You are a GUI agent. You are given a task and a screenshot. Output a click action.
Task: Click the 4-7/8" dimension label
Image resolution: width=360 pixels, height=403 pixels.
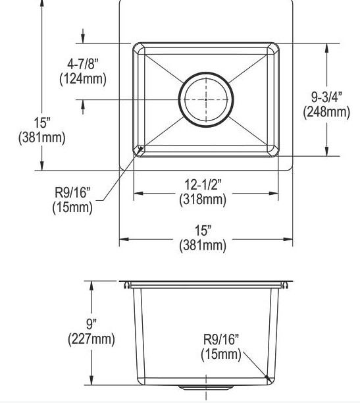pyautogui.click(x=83, y=63)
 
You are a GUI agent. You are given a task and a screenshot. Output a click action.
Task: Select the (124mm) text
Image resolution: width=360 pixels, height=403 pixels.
pyautogui.click(x=83, y=78)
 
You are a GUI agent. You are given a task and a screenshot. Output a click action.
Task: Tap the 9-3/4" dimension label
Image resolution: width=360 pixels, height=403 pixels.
pyautogui.click(x=326, y=97)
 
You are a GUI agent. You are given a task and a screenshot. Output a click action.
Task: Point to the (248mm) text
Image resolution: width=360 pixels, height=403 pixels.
pyautogui.click(x=326, y=112)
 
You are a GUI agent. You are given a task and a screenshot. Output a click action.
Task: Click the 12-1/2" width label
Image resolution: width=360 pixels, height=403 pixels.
pyautogui.click(x=203, y=184)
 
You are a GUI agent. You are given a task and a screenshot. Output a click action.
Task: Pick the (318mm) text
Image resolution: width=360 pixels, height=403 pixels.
pyautogui.click(x=203, y=199)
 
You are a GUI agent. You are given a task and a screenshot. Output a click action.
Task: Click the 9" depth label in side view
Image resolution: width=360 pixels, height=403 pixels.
pyautogui.click(x=91, y=324)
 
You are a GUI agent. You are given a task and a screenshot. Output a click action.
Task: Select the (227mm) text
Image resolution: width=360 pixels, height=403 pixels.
pyautogui.click(x=91, y=339)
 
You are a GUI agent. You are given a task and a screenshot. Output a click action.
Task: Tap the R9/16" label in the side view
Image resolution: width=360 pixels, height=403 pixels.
pyautogui.click(x=221, y=339)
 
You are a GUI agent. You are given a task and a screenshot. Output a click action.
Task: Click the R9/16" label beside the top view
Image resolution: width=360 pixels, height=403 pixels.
pyautogui.click(x=72, y=192)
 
